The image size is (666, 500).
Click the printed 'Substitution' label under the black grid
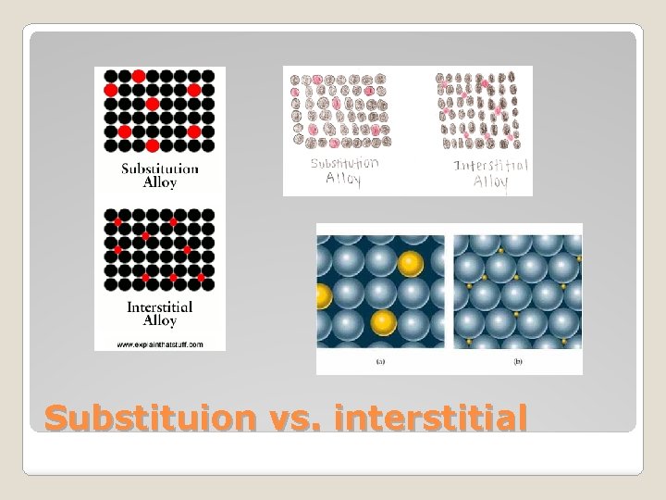[160, 169]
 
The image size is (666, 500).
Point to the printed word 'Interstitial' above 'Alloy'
[160, 306]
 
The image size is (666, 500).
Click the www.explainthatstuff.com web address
[160, 344]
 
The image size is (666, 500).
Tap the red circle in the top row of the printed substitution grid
[138, 75]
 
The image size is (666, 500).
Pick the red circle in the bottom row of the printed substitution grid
[152, 145]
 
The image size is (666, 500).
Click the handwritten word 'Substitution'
[344, 164]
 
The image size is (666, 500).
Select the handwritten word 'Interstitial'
[491, 166]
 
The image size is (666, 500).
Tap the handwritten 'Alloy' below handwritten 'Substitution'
[343, 179]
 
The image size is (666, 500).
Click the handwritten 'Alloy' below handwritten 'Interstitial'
[491, 181]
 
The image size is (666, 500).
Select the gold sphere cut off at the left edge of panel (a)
[323, 298]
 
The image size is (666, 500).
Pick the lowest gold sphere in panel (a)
[384, 322]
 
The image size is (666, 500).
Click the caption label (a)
[380, 362]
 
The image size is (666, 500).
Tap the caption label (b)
[518, 362]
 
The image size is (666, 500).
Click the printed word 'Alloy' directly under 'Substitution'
[160, 182]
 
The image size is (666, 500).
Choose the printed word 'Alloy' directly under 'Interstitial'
[160, 320]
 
